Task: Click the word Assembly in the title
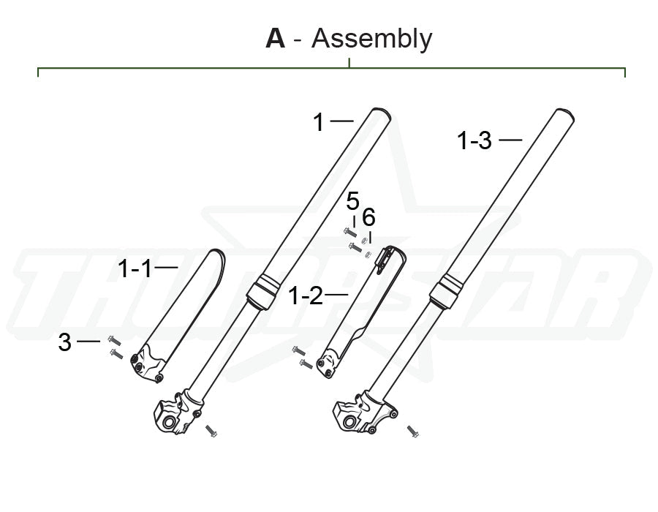[x=371, y=39]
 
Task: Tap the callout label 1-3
[x=474, y=140]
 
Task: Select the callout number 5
[x=353, y=200]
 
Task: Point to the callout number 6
[x=368, y=217]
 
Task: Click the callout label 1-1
[x=135, y=269]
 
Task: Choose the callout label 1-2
[x=305, y=295]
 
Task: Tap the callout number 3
[x=65, y=342]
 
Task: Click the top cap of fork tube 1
[x=377, y=114]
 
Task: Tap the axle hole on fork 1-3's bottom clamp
[x=350, y=422]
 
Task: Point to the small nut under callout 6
[x=369, y=255]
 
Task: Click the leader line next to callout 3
[x=88, y=341]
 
